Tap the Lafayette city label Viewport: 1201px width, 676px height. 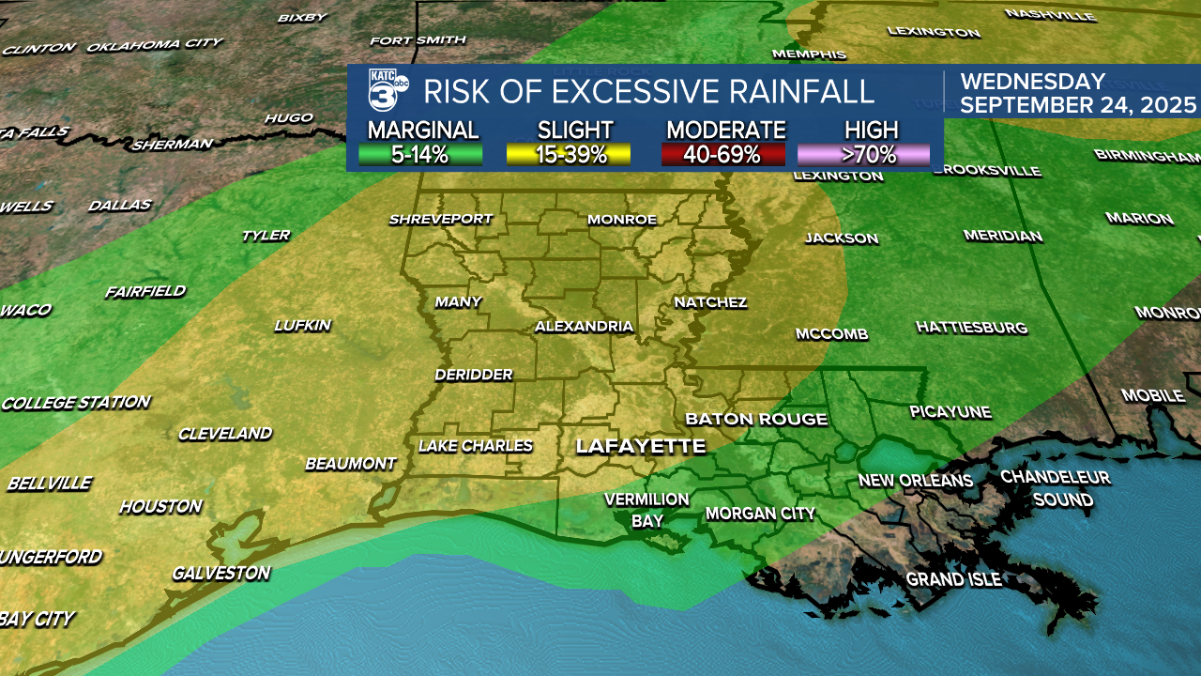click(x=640, y=446)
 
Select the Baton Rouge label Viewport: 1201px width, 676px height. click(x=756, y=419)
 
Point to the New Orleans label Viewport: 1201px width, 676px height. click(x=916, y=481)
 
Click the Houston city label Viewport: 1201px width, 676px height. click(x=160, y=507)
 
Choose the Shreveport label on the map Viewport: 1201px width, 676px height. click(x=441, y=219)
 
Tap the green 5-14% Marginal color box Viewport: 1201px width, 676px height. click(x=420, y=155)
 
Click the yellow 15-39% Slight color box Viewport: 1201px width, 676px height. click(x=568, y=155)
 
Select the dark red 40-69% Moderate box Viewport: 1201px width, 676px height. click(x=722, y=155)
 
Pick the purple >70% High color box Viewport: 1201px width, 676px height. click(x=863, y=155)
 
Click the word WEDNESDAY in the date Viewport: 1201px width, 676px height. click(x=1033, y=82)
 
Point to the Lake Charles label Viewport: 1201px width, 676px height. click(x=476, y=446)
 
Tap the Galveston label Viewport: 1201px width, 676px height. click(x=220, y=573)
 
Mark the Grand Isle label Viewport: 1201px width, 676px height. click(x=953, y=579)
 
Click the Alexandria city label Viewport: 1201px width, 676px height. click(x=584, y=327)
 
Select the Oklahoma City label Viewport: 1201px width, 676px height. click(x=155, y=44)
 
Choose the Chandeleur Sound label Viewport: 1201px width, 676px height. click(x=1056, y=488)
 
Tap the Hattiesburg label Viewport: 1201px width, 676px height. click(x=971, y=328)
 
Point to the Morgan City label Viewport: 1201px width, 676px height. click(x=760, y=514)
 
